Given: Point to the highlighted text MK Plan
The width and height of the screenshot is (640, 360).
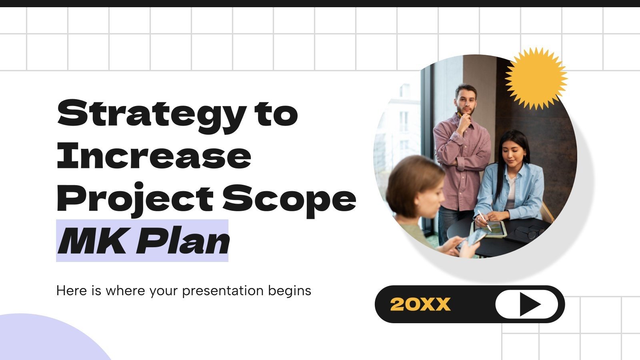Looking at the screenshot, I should tap(143, 241).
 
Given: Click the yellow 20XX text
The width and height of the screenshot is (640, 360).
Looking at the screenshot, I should tap(420, 304).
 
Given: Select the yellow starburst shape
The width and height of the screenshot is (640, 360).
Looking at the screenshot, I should tap(536, 78).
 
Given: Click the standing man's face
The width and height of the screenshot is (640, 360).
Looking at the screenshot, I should tap(466, 100).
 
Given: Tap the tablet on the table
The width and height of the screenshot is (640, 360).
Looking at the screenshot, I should tap(490, 229).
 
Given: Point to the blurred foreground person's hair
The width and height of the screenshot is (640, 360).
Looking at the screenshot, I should tap(412, 180).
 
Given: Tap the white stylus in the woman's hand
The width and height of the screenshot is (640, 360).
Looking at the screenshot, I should tap(484, 220).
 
